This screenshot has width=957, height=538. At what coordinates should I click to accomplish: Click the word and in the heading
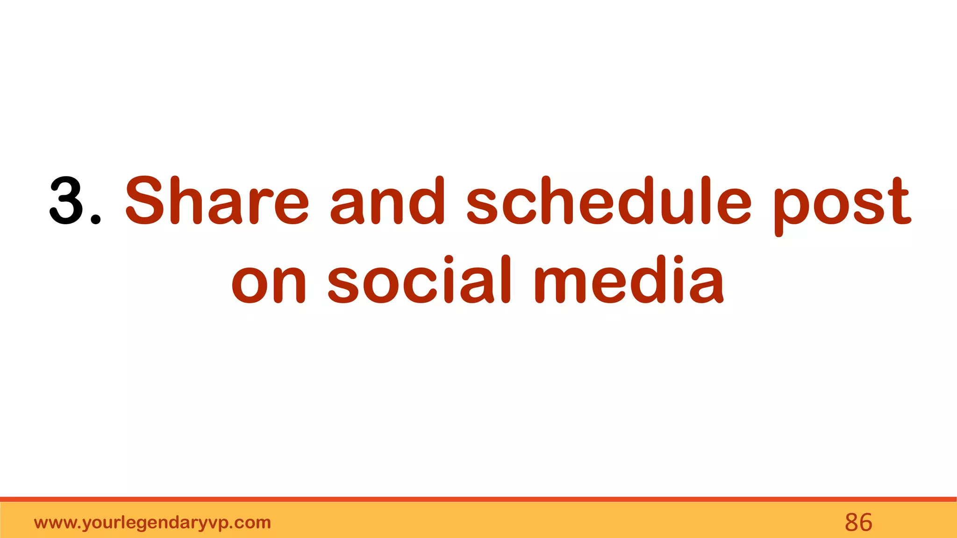(387, 201)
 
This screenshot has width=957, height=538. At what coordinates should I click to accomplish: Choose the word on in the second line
(269, 281)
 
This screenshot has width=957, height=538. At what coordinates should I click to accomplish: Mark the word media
(629, 281)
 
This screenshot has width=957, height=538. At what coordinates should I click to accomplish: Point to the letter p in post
(791, 208)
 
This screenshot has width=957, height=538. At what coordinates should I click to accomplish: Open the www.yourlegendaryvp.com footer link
(152, 523)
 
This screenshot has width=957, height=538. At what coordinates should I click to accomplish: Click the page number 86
(858, 523)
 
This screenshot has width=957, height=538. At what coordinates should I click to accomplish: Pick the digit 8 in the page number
(851, 523)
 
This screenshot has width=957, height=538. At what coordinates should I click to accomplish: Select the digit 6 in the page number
(865, 523)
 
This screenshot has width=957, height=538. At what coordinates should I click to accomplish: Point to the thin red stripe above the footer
(478, 499)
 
